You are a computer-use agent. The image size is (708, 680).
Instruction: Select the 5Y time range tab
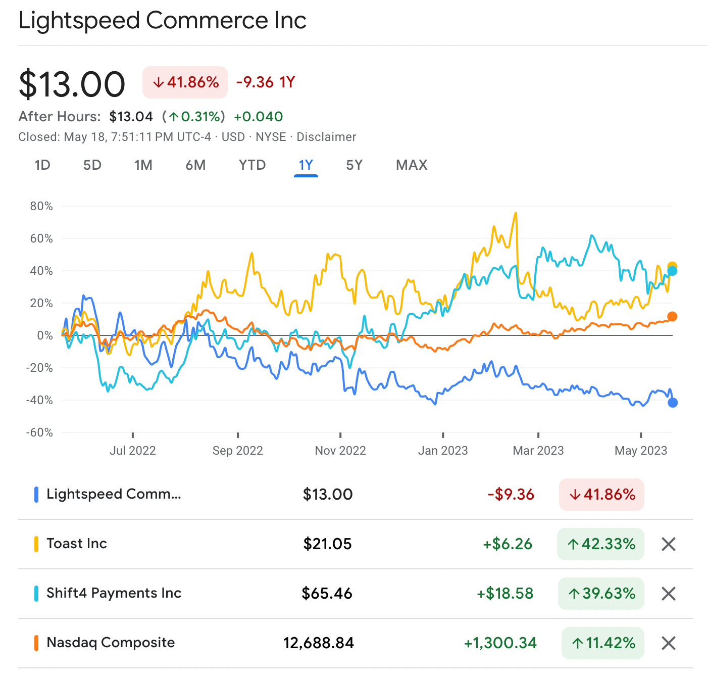point(354,165)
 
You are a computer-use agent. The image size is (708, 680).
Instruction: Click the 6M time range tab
point(195,165)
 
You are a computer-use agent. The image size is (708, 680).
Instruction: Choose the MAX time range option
point(412,165)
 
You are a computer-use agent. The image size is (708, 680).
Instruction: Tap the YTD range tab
point(252,165)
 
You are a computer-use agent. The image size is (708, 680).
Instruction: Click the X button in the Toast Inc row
point(668,544)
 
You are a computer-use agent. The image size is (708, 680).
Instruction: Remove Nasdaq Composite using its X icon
point(668,643)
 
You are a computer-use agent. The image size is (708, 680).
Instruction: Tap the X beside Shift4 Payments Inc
point(668,594)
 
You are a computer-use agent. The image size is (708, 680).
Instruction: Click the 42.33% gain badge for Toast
point(600,544)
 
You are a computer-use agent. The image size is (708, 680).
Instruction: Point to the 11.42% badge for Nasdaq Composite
point(602,643)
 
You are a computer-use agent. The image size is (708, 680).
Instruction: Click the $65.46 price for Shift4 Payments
point(327,593)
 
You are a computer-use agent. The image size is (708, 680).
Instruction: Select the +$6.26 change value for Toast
point(507,544)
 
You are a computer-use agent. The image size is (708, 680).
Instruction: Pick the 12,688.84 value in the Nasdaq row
point(319,643)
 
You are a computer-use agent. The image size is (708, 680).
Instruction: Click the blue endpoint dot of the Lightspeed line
point(672,403)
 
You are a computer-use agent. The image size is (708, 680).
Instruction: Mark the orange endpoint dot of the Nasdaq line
point(672,317)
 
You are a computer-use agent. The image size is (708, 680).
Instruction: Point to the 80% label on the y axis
point(41,206)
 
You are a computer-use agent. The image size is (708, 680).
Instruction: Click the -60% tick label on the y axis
point(39,432)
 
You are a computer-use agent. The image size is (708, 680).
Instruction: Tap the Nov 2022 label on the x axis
point(340,451)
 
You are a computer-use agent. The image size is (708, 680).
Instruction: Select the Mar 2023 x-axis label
point(538,451)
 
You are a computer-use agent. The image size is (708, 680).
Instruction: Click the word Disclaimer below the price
point(326,137)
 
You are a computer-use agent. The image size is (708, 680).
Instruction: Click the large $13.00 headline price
point(72,84)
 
